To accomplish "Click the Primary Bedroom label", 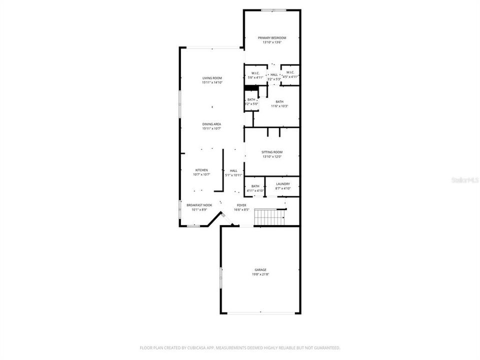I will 272,38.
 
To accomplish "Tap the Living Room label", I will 212,78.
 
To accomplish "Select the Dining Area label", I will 212,124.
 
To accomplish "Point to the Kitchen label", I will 201,170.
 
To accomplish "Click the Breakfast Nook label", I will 199,205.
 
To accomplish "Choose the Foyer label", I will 241,205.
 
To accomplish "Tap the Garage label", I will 260,270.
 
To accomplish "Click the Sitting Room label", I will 272,152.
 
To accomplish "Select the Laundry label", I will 282,184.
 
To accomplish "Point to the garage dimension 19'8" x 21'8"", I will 260,274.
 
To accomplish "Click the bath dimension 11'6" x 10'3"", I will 279,106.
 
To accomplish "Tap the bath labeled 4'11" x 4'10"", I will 255,188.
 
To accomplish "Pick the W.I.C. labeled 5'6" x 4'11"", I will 255,75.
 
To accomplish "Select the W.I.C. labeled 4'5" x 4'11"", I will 290,75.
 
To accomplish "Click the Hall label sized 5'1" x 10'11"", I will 233,173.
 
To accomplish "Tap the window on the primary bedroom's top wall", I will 273,10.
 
